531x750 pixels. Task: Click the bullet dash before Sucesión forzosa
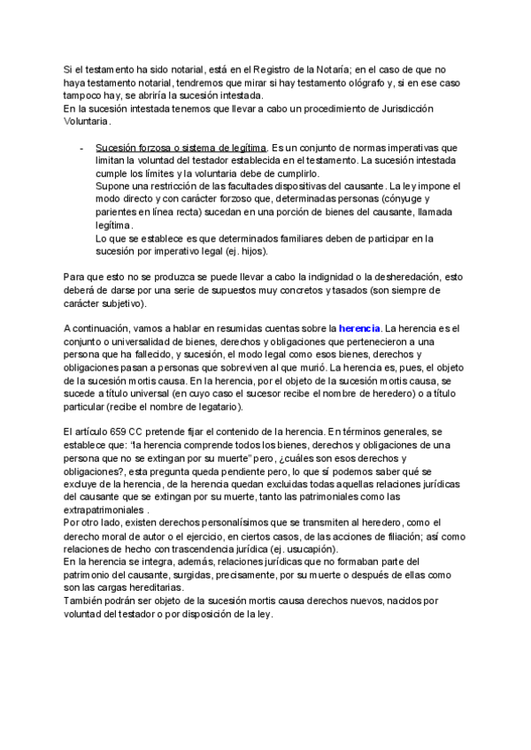coord(82,148)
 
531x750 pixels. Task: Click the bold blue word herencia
coord(359,329)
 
